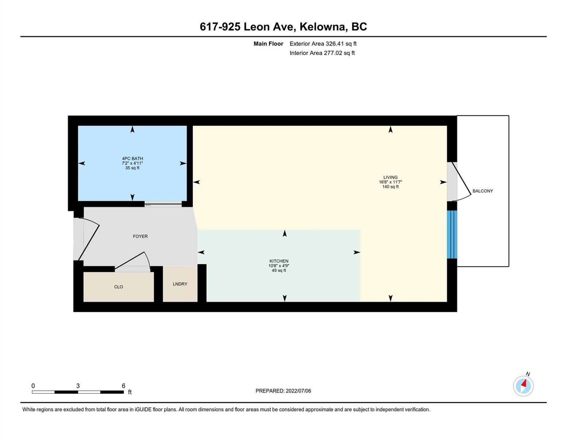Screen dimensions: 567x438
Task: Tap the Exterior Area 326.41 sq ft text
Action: coord(323,43)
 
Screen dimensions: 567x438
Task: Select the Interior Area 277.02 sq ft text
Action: coord(322,53)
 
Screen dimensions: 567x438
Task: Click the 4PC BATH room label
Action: coord(132,158)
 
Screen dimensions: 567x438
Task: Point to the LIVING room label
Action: coord(390,177)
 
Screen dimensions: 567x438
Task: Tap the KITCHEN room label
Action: coord(279,261)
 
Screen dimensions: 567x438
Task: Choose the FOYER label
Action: coord(140,237)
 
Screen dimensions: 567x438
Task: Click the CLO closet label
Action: coord(118,287)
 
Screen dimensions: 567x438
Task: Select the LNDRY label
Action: coord(180,284)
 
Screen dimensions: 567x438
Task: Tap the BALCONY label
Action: coord(483,191)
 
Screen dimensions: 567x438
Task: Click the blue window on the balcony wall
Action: coord(452,234)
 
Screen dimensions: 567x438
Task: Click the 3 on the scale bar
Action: coord(78,385)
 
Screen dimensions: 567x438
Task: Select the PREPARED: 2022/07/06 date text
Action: coord(283,391)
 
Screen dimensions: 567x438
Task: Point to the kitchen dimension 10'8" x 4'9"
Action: coord(279,266)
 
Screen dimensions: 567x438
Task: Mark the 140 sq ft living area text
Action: coord(390,187)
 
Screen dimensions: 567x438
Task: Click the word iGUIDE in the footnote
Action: coord(143,410)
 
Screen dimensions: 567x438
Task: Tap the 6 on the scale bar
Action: coord(123,385)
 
